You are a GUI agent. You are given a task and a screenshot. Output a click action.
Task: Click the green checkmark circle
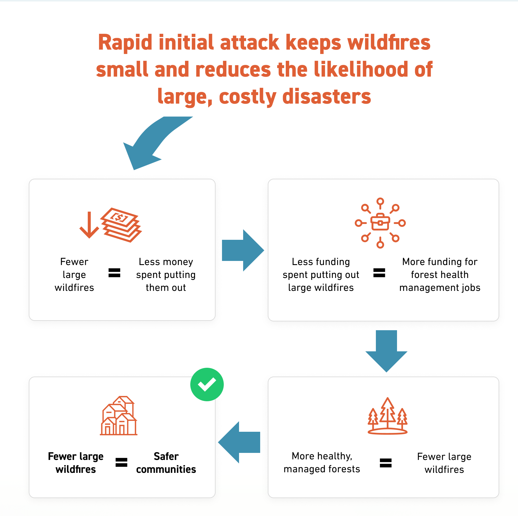pos(207,384)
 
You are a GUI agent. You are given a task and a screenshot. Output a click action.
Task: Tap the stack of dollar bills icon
pos(121,225)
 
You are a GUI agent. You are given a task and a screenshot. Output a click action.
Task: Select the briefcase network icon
pos(380,223)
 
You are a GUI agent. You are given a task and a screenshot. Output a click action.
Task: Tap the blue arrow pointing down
pos(386,351)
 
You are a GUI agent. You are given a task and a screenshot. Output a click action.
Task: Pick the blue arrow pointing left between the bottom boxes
pos(239,442)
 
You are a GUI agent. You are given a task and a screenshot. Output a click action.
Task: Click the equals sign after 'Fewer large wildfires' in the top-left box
pos(114,273)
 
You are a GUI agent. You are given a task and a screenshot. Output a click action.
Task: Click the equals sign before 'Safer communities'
pos(121,462)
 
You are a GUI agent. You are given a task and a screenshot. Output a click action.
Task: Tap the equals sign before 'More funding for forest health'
pos(379,273)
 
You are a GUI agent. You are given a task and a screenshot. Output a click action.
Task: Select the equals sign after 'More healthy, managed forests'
pos(386,463)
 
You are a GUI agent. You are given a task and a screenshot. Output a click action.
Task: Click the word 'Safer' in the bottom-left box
pos(166,456)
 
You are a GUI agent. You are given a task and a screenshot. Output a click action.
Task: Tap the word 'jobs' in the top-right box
pos(471,288)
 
